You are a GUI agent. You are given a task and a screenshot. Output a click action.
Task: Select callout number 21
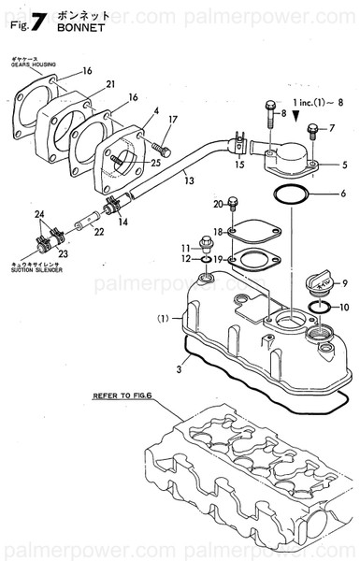[x=110, y=85]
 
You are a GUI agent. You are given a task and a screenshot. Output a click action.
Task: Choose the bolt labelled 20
[x=232, y=204]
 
